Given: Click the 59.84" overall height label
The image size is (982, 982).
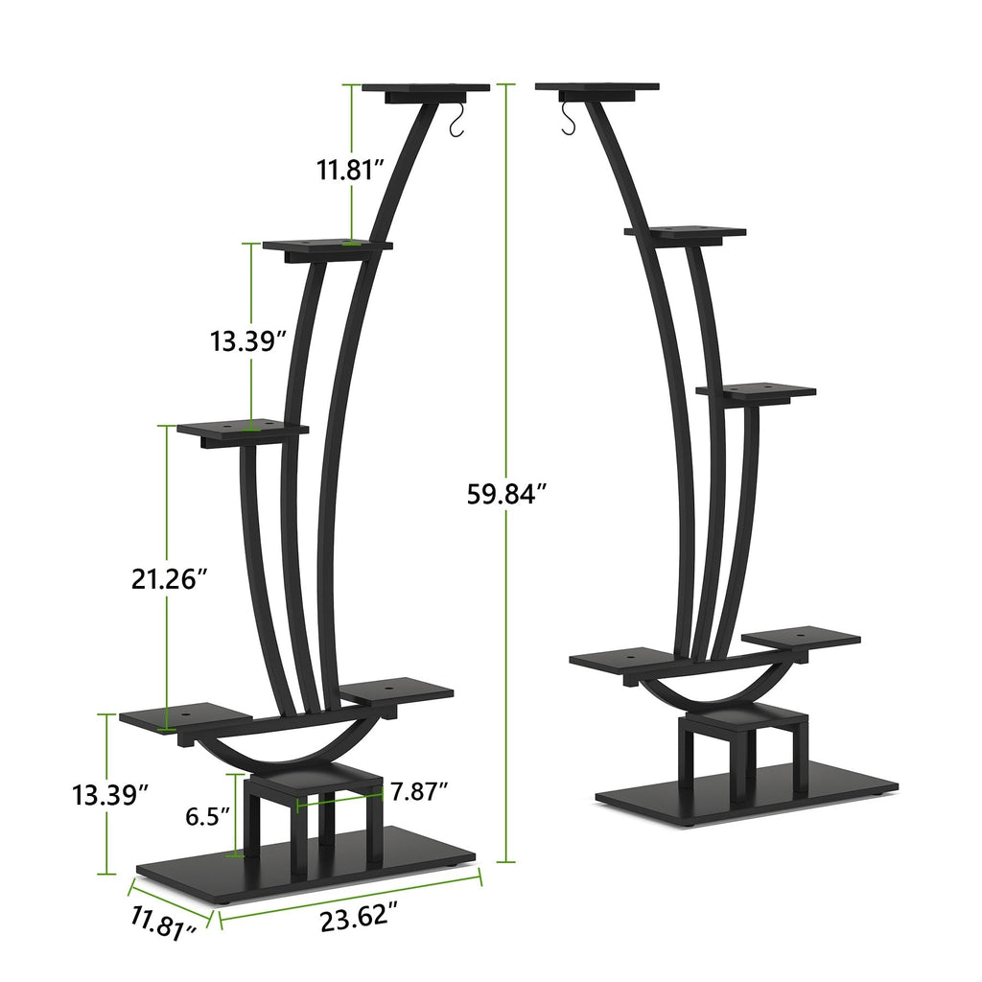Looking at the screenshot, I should pos(507,494).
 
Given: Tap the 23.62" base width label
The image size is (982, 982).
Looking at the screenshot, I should pos(359,918).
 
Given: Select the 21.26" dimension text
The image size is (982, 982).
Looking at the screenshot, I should pos(170,578).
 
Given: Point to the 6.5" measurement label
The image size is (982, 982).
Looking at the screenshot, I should pos(207,816).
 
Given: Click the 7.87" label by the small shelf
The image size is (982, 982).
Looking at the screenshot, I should pos(419,791).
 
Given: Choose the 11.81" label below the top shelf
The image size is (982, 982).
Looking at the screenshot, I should pos(351,170).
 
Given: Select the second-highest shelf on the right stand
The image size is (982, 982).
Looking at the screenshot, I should pos(684,233).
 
